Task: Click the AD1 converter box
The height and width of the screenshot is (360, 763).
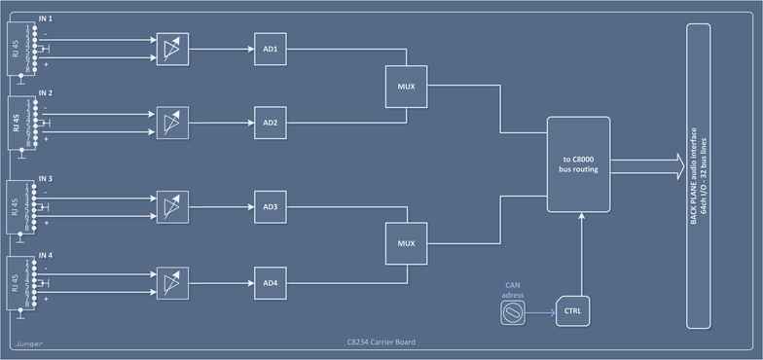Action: click(270, 48)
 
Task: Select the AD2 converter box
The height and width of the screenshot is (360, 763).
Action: click(270, 123)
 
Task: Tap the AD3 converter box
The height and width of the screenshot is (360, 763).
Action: click(270, 206)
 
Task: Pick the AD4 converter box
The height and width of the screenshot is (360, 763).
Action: click(270, 282)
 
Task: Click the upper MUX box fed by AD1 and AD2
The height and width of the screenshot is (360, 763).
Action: click(406, 86)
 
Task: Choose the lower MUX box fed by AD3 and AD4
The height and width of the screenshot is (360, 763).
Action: click(406, 242)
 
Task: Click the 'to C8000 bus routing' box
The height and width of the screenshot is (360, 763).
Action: click(578, 163)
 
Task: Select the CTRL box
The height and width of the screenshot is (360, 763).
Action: click(572, 311)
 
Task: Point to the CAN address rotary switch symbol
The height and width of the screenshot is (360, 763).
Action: click(512, 311)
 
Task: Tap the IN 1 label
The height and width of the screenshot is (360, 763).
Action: click(46, 19)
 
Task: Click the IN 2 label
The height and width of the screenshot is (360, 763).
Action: click(46, 92)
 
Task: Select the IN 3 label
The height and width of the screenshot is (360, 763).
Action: click(46, 178)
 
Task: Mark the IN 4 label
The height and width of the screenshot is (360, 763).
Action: click(46, 254)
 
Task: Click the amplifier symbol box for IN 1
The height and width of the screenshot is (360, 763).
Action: click(172, 48)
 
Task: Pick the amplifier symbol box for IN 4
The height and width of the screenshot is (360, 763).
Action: click(172, 282)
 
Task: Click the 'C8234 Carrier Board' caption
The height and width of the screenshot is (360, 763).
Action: click(381, 343)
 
